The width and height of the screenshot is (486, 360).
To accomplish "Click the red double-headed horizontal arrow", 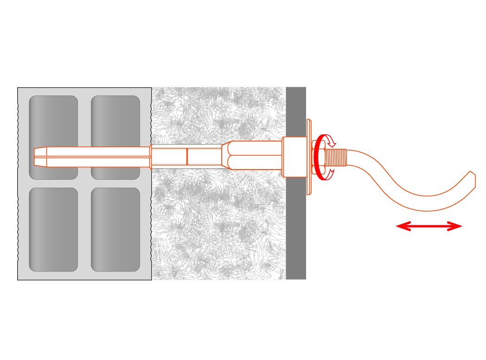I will [x=429, y=226].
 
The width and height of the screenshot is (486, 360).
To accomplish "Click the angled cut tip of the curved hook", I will [x=472, y=180].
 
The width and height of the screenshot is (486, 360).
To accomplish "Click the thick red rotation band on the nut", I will [x=318, y=158].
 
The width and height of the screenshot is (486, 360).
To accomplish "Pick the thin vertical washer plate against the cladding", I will [x=309, y=157].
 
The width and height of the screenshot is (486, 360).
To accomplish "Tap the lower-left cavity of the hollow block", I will [x=53, y=229].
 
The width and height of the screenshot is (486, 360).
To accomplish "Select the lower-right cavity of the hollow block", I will [x=115, y=229].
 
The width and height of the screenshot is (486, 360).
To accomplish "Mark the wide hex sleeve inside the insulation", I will [x=253, y=155].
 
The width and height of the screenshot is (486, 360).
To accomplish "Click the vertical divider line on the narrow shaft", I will [x=187, y=157].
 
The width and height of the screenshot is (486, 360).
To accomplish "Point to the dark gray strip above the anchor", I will [x=296, y=111].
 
